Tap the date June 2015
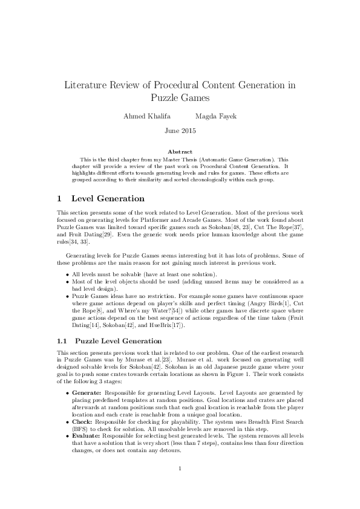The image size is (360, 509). (x=180, y=130)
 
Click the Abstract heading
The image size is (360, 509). (x=180, y=152)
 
